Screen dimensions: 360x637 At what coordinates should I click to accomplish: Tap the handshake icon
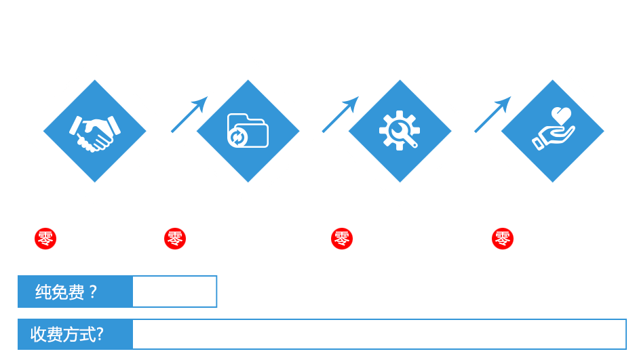(x=94, y=131)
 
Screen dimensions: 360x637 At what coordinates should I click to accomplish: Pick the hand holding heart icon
(x=553, y=129)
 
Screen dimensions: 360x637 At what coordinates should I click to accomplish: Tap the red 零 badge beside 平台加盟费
(x=45, y=239)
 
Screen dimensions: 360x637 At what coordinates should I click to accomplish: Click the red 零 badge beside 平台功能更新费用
(x=174, y=239)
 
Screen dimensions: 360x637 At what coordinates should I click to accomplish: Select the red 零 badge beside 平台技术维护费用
(x=341, y=239)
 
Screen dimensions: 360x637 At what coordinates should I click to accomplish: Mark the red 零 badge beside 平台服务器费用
(x=503, y=239)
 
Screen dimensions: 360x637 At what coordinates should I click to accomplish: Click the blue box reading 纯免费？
(x=75, y=292)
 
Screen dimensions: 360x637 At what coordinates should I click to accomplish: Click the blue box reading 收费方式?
(x=75, y=334)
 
